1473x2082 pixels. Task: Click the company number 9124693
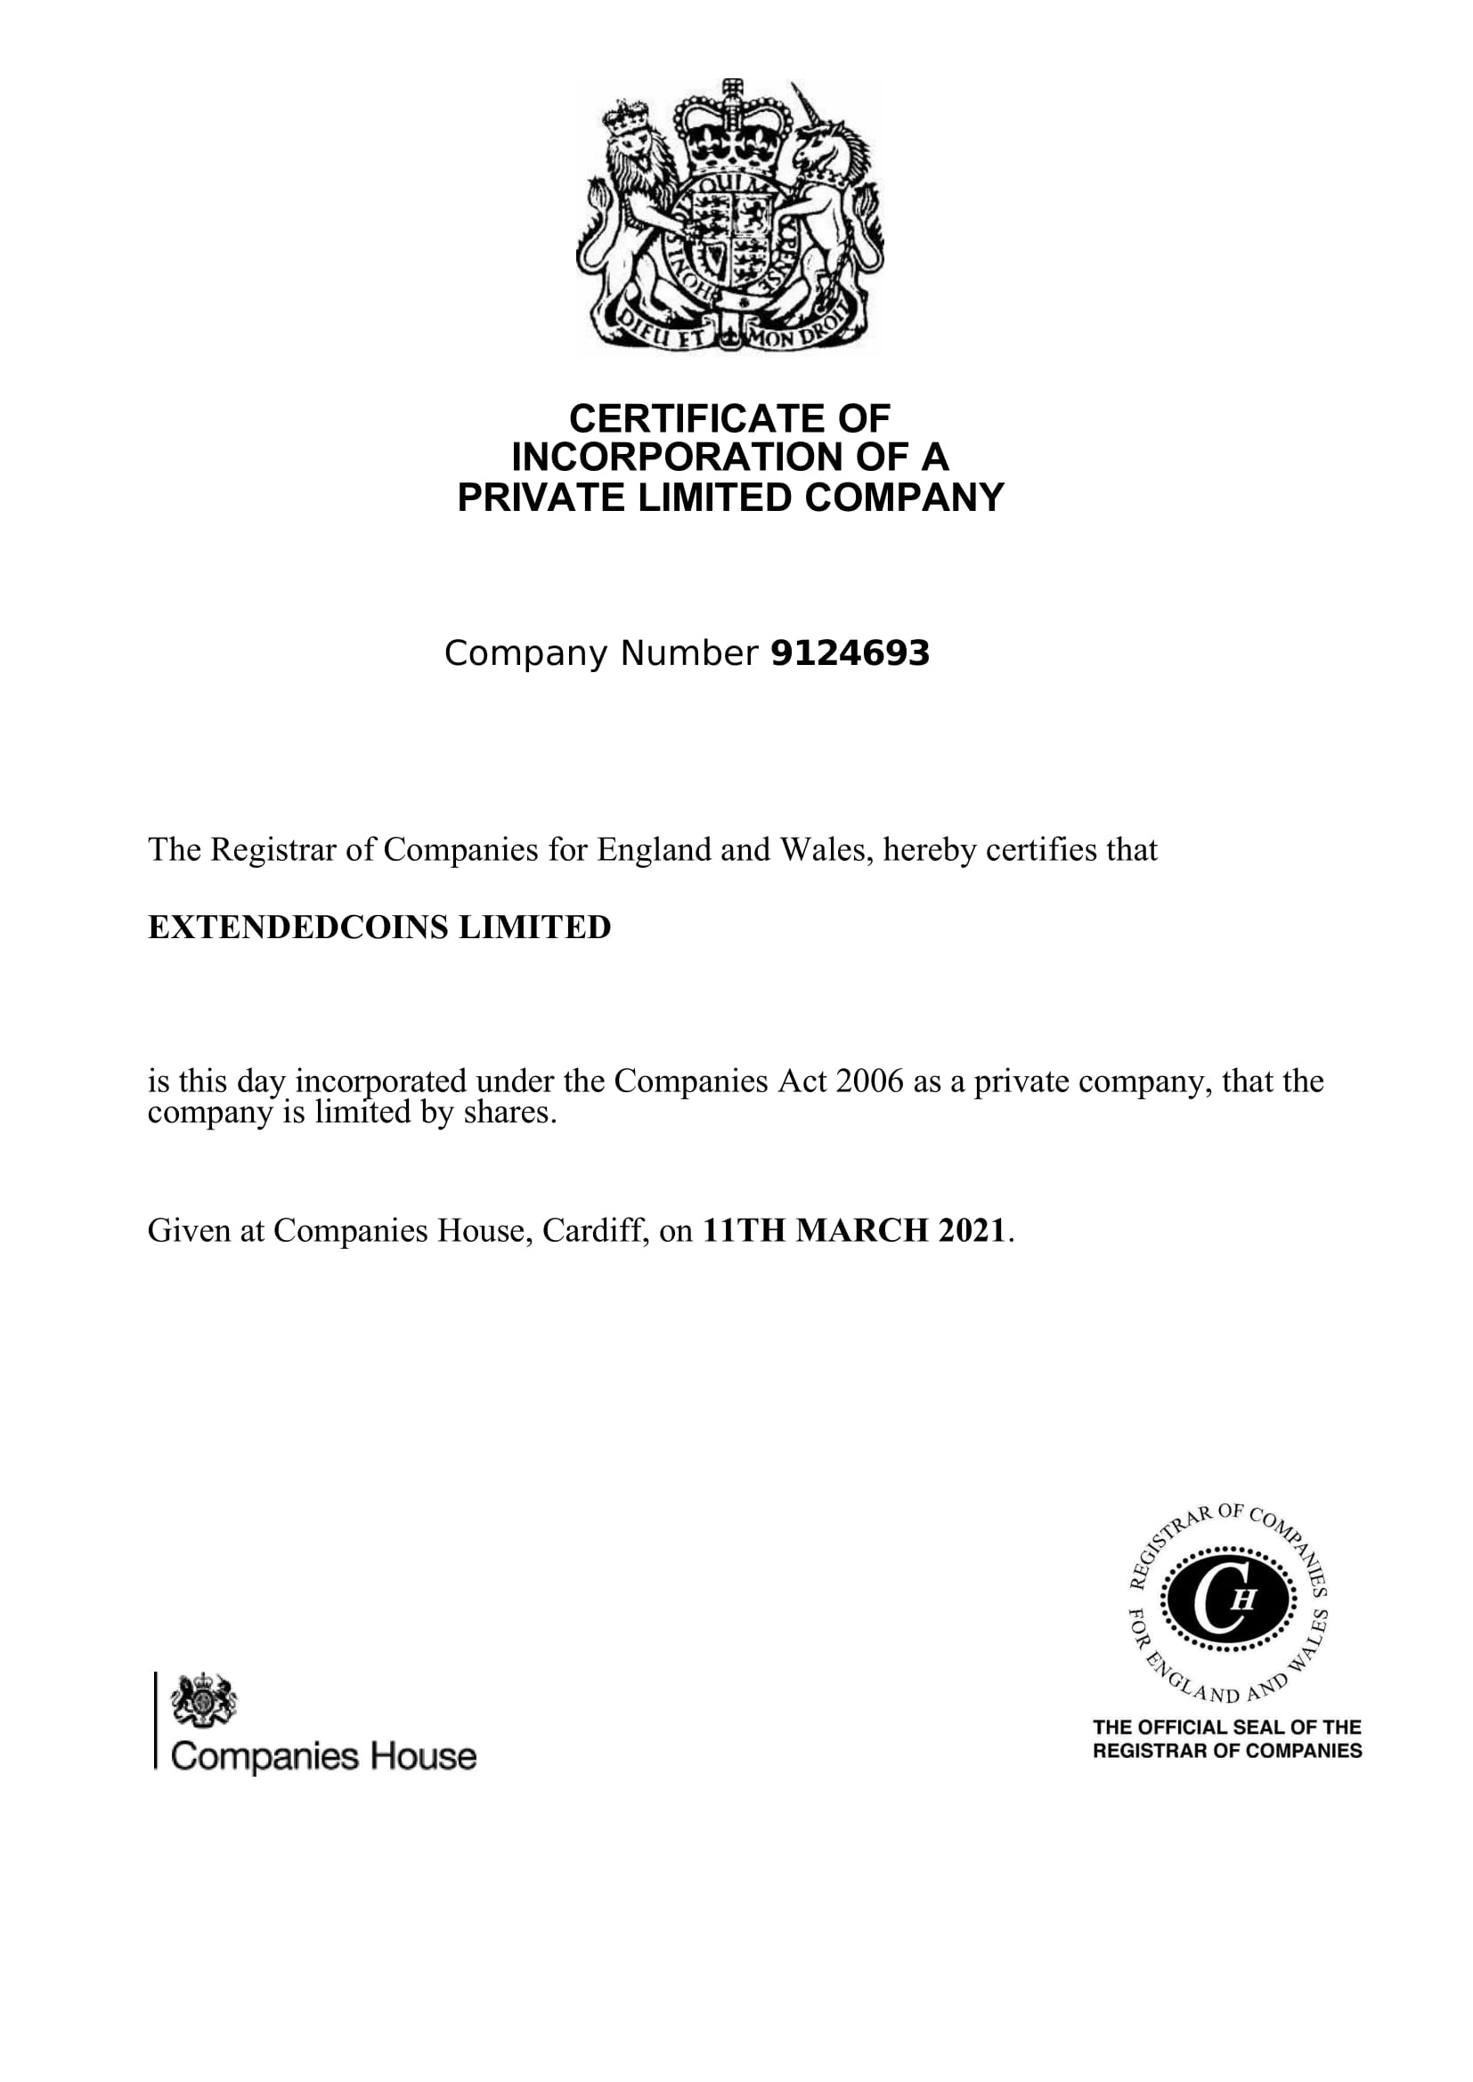tap(849, 654)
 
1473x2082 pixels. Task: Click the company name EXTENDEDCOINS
tap(297, 928)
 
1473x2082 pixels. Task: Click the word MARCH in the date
tap(862, 1230)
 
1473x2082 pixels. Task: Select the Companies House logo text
tap(323, 1756)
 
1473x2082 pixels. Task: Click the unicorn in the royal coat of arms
tap(830, 190)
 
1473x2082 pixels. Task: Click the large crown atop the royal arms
tap(731, 132)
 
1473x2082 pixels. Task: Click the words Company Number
tap(600, 654)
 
